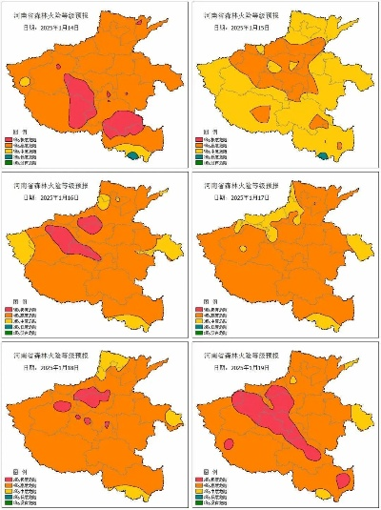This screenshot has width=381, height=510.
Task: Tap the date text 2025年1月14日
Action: point(63,29)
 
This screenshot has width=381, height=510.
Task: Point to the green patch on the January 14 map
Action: point(133,154)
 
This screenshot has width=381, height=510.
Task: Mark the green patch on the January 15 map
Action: point(325,155)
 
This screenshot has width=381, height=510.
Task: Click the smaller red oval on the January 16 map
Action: point(91,225)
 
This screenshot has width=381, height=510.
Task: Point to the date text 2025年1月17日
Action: point(250,197)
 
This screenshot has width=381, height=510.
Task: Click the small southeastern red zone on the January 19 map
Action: point(343,480)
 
